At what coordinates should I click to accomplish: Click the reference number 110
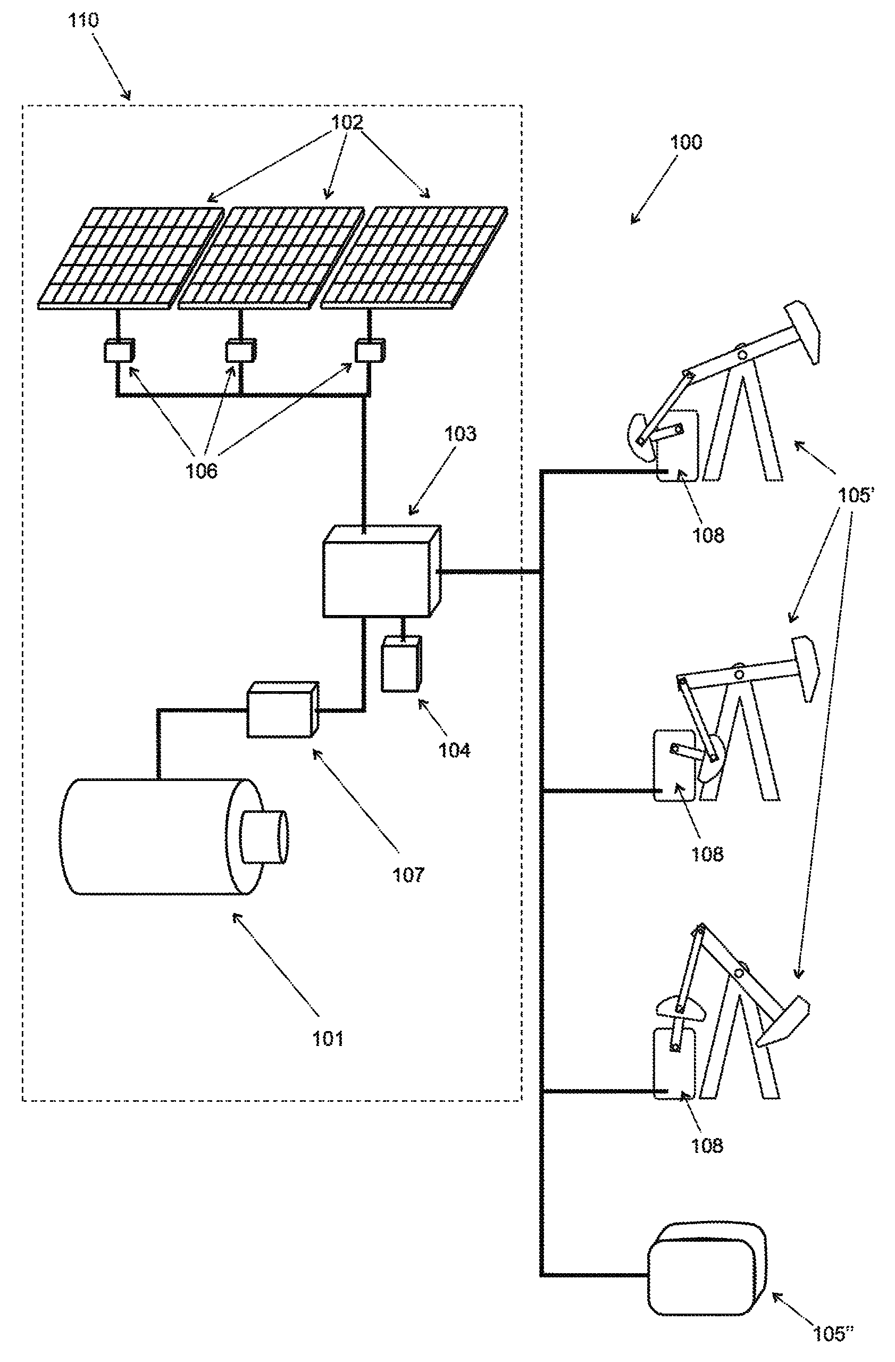pos(83,21)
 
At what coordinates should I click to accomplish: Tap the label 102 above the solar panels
pos(347,122)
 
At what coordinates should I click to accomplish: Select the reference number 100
pos(685,142)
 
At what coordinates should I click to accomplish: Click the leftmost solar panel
pos(131,259)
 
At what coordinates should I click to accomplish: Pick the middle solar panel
pos(272,259)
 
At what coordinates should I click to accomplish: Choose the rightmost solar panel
pos(414,259)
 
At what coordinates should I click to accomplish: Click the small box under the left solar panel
pos(119,350)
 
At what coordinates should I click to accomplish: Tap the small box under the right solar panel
pos(370,350)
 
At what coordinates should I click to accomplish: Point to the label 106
pos(202,470)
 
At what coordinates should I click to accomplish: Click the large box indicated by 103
pos(381,571)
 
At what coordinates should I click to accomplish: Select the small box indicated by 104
pos(402,664)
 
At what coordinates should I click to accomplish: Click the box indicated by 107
pos(282,710)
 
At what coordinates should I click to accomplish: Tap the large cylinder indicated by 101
pos(172,836)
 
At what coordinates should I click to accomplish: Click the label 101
pos(328,1038)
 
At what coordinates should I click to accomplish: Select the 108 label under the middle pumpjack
pos(707,854)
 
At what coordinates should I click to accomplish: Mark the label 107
pos(408,875)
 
